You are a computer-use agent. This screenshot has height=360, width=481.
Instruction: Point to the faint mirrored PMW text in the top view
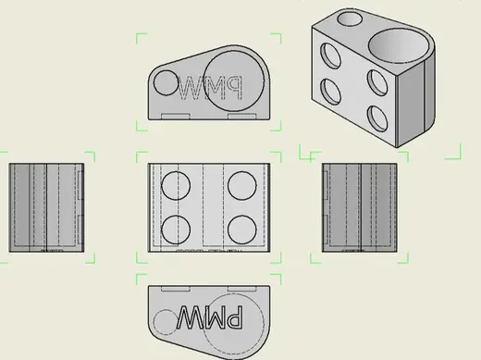pyautogui.click(x=211, y=88)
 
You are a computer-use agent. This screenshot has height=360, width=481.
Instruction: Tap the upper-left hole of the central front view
pyautogui.click(x=176, y=186)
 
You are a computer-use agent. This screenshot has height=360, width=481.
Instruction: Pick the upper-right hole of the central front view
pyautogui.click(x=242, y=186)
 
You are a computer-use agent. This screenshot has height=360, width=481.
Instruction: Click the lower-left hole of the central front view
pyautogui.click(x=176, y=230)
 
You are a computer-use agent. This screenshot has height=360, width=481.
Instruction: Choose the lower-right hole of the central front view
pyautogui.click(x=242, y=230)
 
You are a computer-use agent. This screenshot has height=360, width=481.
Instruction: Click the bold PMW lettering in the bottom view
pyautogui.click(x=210, y=317)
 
